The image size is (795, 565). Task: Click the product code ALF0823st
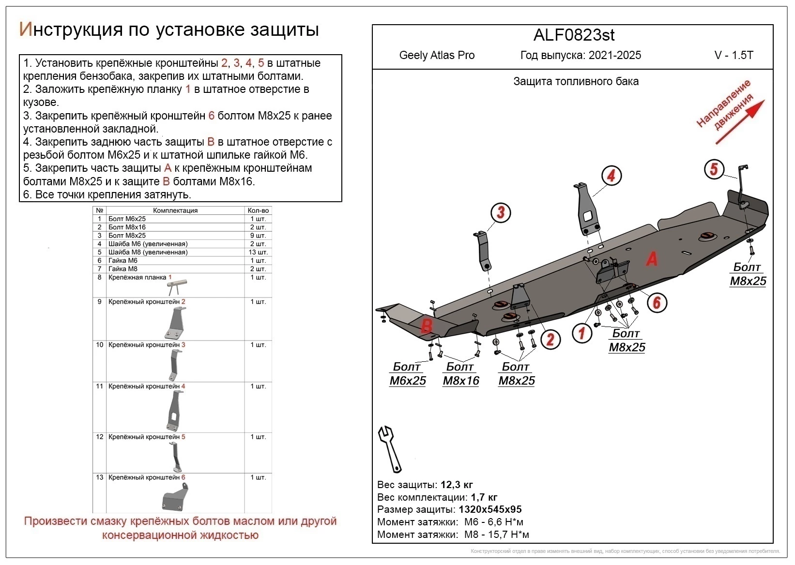(574, 35)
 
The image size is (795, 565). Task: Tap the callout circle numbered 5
(714, 169)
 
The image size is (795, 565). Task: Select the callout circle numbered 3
(501, 212)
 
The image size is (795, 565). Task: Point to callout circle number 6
(657, 303)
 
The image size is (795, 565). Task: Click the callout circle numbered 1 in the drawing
(581, 333)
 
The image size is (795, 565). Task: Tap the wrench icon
(390, 449)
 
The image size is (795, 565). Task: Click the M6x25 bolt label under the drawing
(408, 374)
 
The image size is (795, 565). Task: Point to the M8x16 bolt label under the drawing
(461, 374)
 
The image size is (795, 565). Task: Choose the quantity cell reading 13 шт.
(258, 252)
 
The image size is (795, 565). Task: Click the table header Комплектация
(175, 210)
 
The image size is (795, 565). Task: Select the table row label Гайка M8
(123, 269)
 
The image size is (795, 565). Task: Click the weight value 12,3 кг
(457, 485)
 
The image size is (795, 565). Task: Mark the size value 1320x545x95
(490, 509)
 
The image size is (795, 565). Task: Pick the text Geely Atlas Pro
(437, 55)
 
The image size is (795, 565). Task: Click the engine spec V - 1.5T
(734, 55)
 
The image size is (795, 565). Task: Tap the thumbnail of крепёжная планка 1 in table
(176, 286)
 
